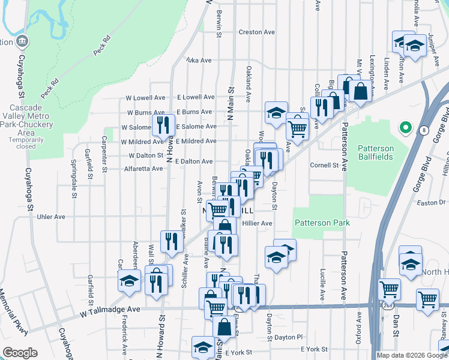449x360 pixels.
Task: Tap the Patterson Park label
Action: (322, 223)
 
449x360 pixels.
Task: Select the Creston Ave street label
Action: (256, 32)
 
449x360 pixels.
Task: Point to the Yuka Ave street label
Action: (199, 61)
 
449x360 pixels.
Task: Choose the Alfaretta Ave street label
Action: (142, 169)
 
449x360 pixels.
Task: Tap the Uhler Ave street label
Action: (50, 217)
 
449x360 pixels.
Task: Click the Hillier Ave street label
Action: (258, 223)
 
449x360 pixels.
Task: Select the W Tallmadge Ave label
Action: (110, 310)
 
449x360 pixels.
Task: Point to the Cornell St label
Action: (324, 165)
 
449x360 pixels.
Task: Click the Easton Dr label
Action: (430, 203)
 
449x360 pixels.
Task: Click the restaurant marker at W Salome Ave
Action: (163, 125)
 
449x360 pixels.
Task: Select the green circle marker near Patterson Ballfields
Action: (405, 128)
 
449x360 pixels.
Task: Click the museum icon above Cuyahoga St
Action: (22, 41)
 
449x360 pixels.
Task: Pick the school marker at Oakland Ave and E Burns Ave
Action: (276, 113)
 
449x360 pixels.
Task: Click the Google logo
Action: (20, 353)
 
